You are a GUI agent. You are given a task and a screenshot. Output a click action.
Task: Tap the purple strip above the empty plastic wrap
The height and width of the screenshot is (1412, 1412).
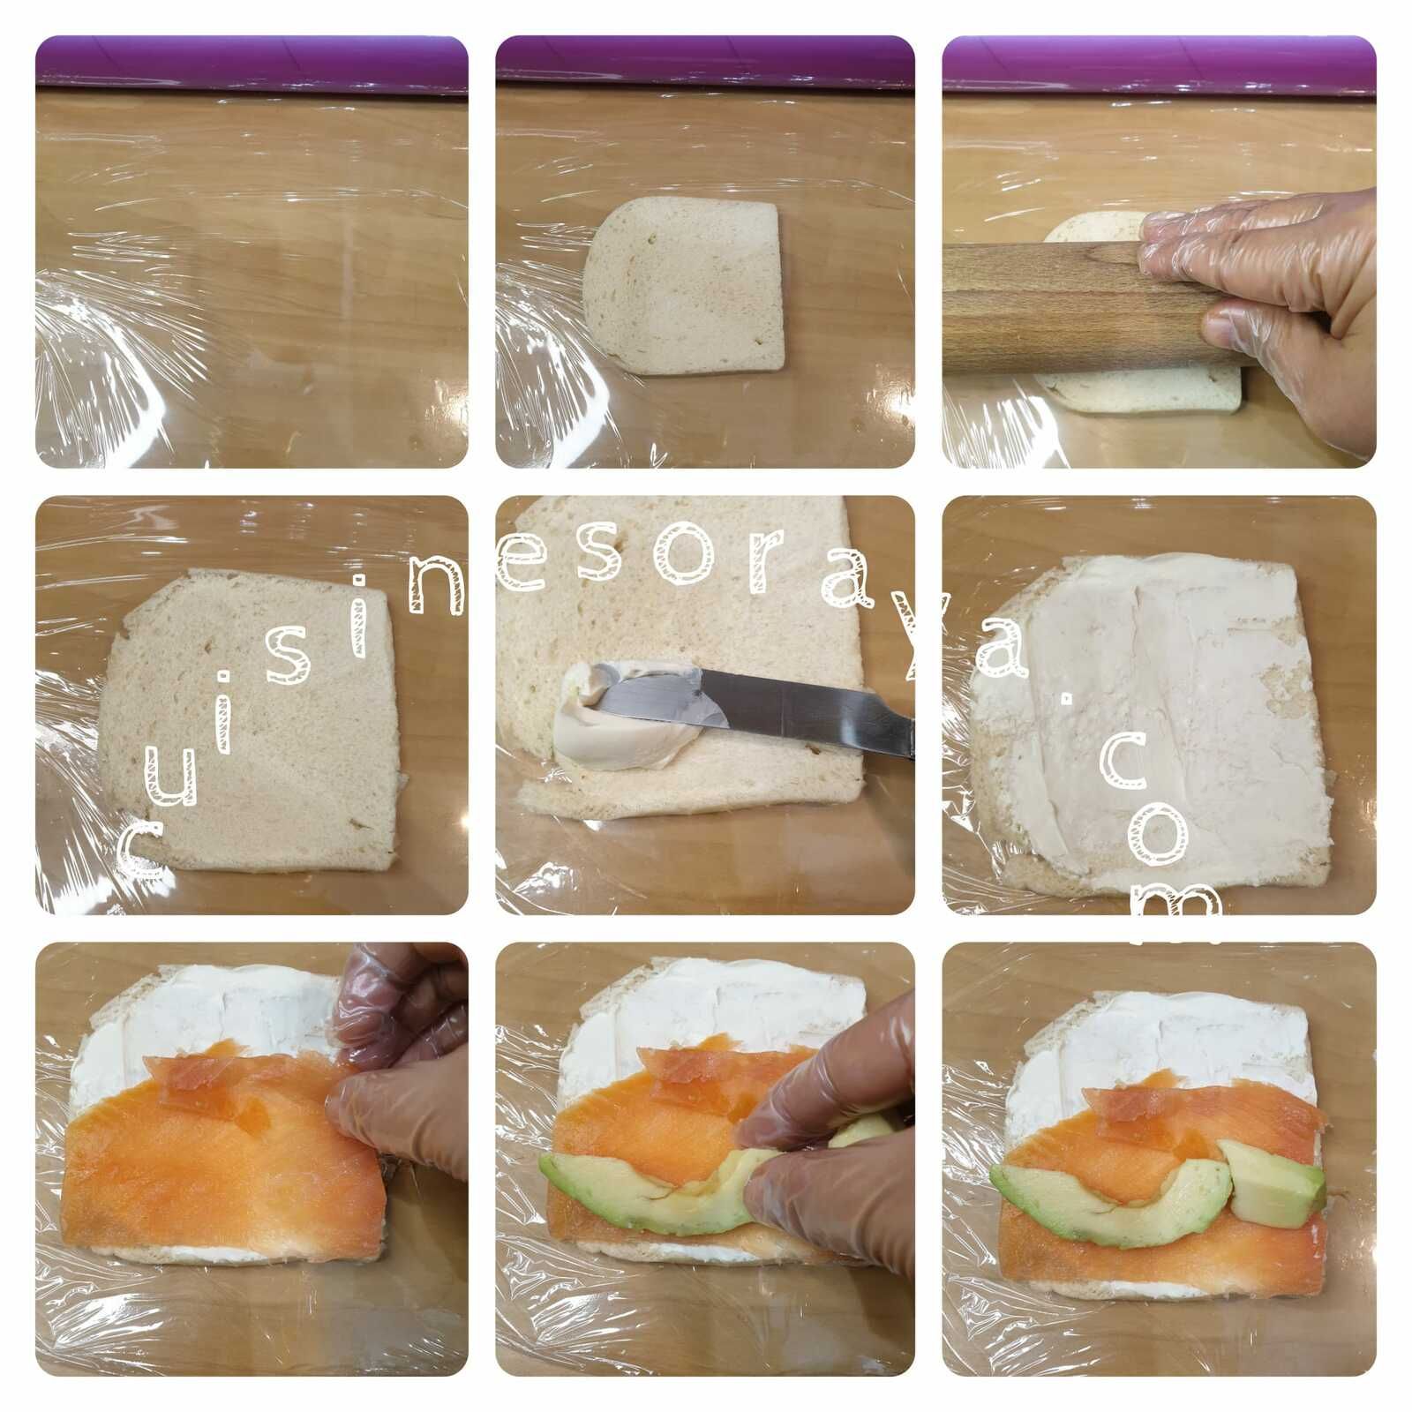(x=252, y=64)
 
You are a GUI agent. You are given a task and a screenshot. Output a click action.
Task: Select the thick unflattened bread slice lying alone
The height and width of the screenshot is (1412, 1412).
(x=684, y=287)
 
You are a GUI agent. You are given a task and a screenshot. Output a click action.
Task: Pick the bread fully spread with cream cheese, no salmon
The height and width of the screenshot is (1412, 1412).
(x=1147, y=719)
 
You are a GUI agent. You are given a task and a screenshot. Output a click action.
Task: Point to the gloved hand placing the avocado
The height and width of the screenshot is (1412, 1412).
(x=834, y=1138)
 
